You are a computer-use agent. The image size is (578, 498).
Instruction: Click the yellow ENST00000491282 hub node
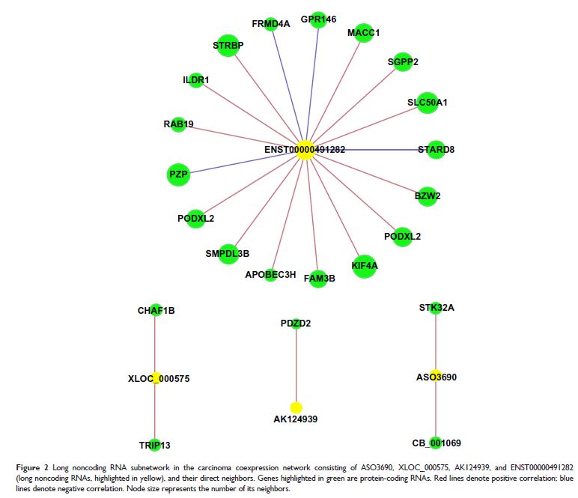(305, 150)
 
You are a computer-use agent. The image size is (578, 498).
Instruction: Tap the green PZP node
(177, 174)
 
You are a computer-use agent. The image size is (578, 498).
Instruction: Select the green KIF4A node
(364, 265)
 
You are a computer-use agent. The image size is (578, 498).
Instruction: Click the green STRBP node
(228, 46)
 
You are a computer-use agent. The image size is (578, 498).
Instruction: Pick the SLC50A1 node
(427, 103)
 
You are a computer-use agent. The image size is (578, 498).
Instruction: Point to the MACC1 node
(364, 34)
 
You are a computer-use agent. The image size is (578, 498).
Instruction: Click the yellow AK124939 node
(296, 407)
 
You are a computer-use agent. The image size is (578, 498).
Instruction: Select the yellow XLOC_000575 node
(156, 378)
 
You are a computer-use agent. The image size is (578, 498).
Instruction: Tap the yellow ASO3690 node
(436, 376)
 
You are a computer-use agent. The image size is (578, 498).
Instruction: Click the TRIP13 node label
(154, 445)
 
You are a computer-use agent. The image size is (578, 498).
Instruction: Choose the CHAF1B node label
(156, 310)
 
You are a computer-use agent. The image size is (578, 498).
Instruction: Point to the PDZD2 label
(296, 324)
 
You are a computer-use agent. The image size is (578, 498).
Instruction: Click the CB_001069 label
(436, 443)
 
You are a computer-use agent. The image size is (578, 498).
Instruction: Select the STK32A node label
(436, 307)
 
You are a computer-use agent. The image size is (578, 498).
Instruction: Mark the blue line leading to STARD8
(367, 150)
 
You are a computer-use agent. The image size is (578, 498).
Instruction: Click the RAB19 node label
(178, 124)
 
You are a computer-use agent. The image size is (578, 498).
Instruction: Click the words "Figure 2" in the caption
(32, 468)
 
